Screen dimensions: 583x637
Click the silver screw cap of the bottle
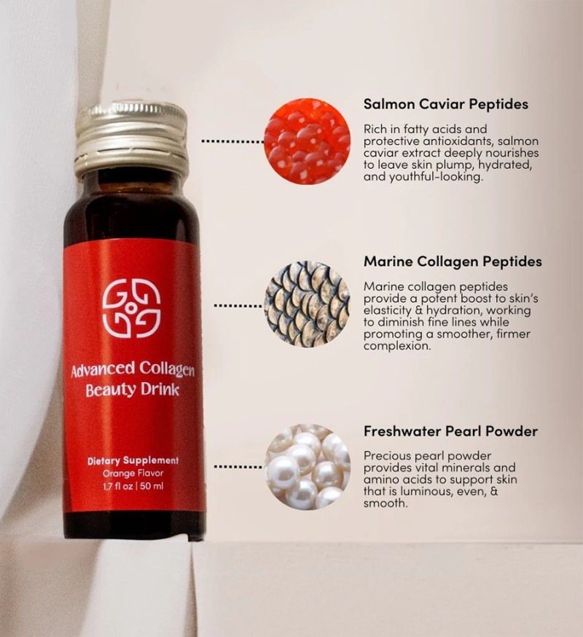(x=131, y=138)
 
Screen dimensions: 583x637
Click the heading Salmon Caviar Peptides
(x=445, y=104)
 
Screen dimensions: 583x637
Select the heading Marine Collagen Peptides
(x=453, y=261)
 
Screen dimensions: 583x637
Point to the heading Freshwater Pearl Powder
(x=450, y=431)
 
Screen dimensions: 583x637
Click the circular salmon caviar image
(x=308, y=141)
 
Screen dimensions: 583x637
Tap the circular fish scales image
(x=307, y=305)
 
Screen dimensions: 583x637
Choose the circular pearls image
(x=308, y=467)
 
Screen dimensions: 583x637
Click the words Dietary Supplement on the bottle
(x=133, y=461)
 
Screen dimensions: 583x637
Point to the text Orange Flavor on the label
(x=133, y=473)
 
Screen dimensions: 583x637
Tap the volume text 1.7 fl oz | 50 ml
(x=133, y=486)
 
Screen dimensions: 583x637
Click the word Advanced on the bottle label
(x=103, y=370)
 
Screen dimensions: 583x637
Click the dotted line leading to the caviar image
(x=232, y=142)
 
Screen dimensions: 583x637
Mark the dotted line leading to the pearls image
(x=238, y=467)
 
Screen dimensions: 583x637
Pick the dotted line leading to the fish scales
(x=238, y=305)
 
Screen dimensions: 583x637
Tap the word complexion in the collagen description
(x=396, y=347)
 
